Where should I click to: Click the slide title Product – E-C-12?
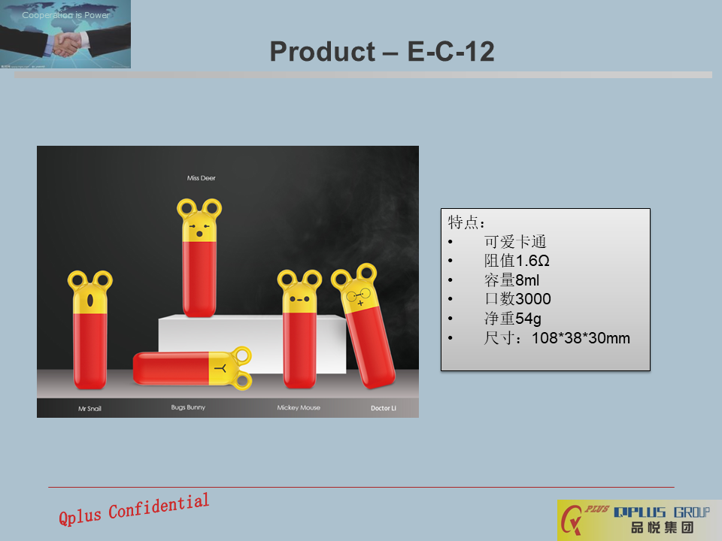pyautogui.click(x=382, y=51)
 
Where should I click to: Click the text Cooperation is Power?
pyautogui.click(x=66, y=15)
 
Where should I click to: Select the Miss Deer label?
pyautogui.click(x=202, y=178)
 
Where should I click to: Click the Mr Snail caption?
pyautogui.click(x=89, y=409)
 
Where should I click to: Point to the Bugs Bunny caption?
pyautogui.click(x=188, y=407)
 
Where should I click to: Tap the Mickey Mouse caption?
pyautogui.click(x=299, y=407)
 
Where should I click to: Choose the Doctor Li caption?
pyautogui.click(x=384, y=408)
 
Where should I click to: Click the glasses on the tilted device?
pyautogui.click(x=358, y=295)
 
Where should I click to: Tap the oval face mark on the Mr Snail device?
pyautogui.click(x=90, y=301)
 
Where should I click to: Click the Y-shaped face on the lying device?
pyautogui.click(x=221, y=368)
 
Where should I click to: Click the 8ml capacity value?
pyautogui.click(x=527, y=280)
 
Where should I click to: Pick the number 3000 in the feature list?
pyautogui.click(x=533, y=299)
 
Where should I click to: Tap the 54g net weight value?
pyautogui.click(x=528, y=319)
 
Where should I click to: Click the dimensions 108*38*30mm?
pyautogui.click(x=581, y=338)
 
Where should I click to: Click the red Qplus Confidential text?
pyautogui.click(x=134, y=509)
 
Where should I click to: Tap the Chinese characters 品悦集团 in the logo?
pyautogui.click(x=662, y=527)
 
